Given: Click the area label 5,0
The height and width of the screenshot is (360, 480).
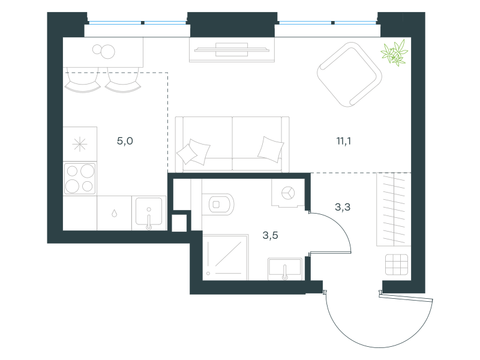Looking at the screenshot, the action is coord(125,141).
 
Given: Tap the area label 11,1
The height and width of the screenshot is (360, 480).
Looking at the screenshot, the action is coord(343,141).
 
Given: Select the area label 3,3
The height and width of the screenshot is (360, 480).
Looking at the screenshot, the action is coord(343,207).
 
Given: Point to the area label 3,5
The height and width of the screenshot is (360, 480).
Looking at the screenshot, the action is coord(271,235).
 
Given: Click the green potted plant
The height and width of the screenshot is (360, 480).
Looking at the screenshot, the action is coord(394,53).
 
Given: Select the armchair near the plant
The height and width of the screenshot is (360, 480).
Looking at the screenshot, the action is coord(349,74).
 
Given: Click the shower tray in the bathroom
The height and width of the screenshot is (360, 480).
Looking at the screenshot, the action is coord(226,257).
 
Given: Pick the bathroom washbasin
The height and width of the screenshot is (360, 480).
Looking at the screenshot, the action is coord(285,269).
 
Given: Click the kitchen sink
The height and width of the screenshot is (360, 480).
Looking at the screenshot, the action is coord(149,213).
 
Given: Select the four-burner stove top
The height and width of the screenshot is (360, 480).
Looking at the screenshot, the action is coord(80,178).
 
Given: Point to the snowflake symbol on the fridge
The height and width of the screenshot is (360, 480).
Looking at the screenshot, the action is coord(80,144).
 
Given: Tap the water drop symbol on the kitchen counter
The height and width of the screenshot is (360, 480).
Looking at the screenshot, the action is coord(114,213).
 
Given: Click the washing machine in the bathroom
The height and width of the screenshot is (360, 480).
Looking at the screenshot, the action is coord(288,193).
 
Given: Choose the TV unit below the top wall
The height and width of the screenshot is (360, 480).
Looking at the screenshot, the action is coord(232,50).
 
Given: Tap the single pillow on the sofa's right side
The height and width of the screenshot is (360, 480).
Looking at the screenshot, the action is coord(271,149).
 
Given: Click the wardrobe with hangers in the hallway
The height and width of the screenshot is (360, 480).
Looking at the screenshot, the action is coord(394,209).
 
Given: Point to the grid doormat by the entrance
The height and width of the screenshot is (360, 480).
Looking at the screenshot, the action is coord(397,265).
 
